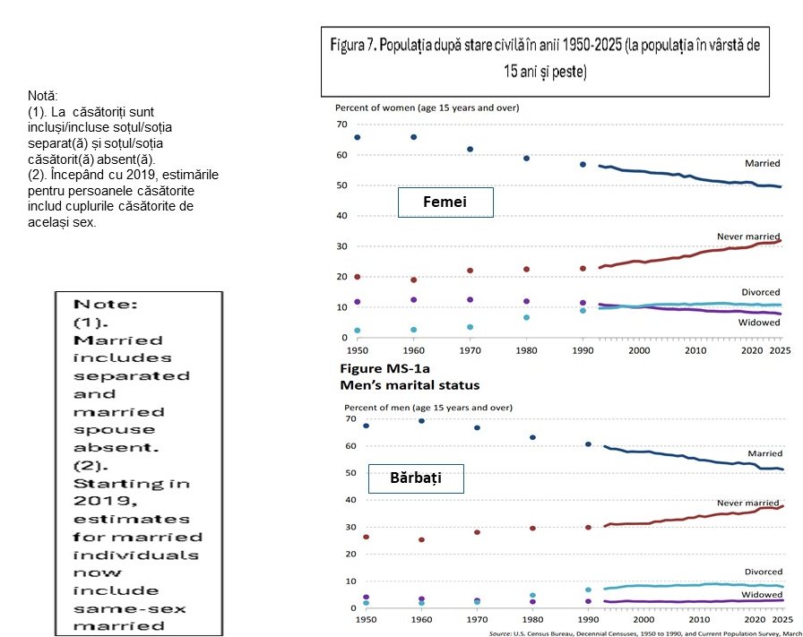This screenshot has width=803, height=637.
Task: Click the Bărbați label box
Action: tap(415, 478)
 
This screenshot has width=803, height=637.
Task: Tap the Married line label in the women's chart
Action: tap(763, 164)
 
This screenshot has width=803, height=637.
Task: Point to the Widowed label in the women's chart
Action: tap(758, 323)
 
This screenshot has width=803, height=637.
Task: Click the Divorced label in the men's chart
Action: tap(763, 571)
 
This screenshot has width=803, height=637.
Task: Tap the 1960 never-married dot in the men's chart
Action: tap(421, 539)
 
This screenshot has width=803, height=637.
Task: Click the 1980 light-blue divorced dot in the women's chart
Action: tap(526, 317)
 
